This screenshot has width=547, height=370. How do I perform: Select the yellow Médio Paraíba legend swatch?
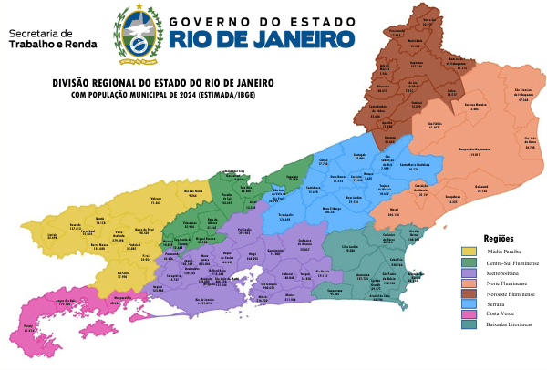pyautogui.click(x=469, y=251)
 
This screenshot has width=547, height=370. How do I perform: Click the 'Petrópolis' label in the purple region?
pyautogui.click(x=243, y=231)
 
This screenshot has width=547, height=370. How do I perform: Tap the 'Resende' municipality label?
pyautogui.click(x=76, y=226)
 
